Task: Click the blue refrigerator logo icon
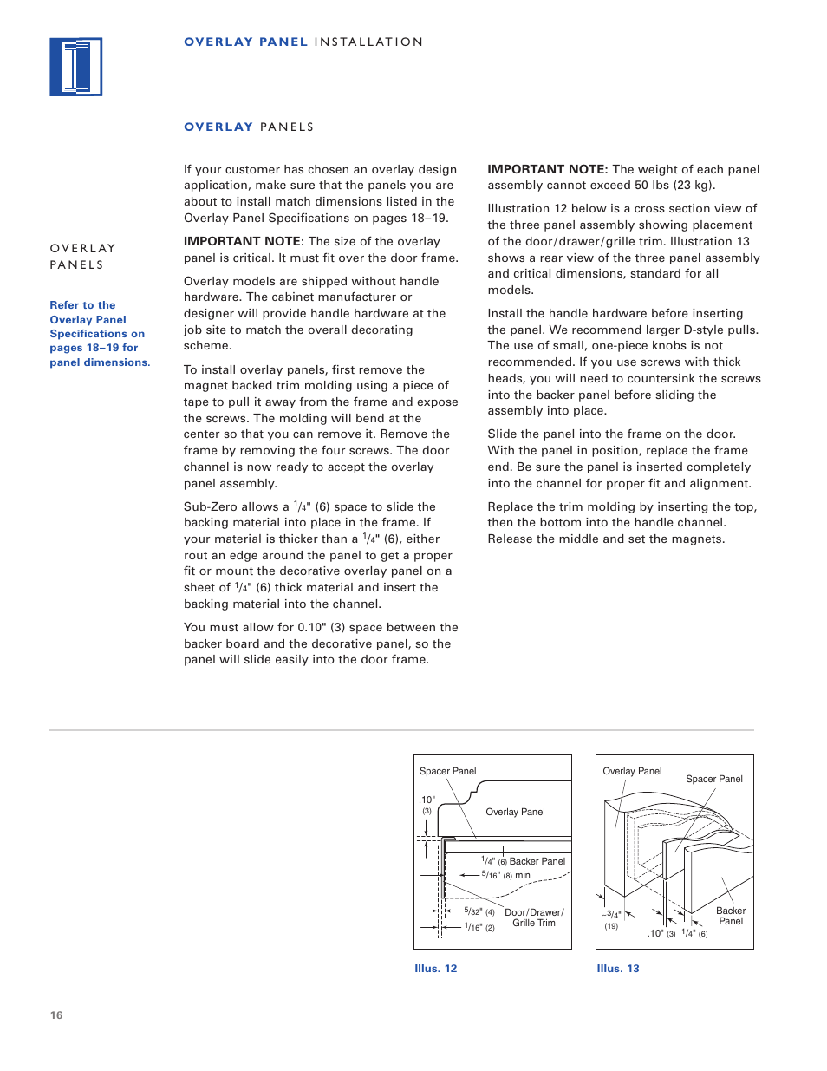click(76, 67)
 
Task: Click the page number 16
click(56, 1015)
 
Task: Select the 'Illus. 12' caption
click(435, 969)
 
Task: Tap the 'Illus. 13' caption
click(617, 969)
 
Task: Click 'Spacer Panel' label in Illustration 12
click(447, 771)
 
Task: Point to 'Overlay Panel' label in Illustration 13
click(632, 771)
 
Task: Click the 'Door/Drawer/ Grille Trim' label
click(534, 918)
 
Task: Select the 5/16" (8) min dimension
click(505, 875)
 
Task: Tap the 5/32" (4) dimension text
click(479, 911)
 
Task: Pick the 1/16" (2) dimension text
click(479, 927)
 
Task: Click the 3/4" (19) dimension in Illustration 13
click(612, 919)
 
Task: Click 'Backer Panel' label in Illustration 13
click(731, 916)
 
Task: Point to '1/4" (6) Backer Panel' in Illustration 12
click(524, 861)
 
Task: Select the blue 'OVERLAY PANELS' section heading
click(249, 127)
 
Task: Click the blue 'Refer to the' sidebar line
click(82, 305)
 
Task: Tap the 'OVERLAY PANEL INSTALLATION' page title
click(303, 42)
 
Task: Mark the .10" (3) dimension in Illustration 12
click(427, 805)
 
